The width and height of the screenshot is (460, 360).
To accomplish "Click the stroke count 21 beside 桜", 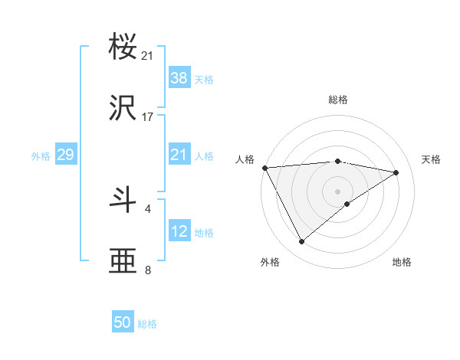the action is tap(148, 56).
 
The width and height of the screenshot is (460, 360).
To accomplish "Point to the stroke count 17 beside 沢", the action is tap(148, 117).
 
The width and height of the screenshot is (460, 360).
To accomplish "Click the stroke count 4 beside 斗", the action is tap(148, 208).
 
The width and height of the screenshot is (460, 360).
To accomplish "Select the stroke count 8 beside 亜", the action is tap(148, 270).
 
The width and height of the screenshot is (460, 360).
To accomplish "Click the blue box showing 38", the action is tap(179, 77).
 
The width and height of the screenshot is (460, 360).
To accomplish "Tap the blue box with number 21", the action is tap(179, 155).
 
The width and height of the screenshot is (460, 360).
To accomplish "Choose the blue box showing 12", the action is tap(179, 231).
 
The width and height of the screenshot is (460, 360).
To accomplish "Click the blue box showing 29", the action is tap(65, 155).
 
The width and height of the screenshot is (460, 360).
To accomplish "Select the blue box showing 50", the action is tap(123, 322).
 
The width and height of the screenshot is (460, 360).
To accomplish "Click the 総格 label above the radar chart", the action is tap(338, 100).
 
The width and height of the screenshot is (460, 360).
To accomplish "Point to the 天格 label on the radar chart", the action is tap(431, 159).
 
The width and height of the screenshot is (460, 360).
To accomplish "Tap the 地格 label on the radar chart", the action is tap(402, 262).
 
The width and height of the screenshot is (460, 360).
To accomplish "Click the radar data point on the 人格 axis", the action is tap(264, 168).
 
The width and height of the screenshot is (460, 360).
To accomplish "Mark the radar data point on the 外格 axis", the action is tap(301, 242).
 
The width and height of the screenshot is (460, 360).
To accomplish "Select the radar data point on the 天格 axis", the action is tap(396, 172).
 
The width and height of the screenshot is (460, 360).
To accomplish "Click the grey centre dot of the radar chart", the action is tap(338, 191).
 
